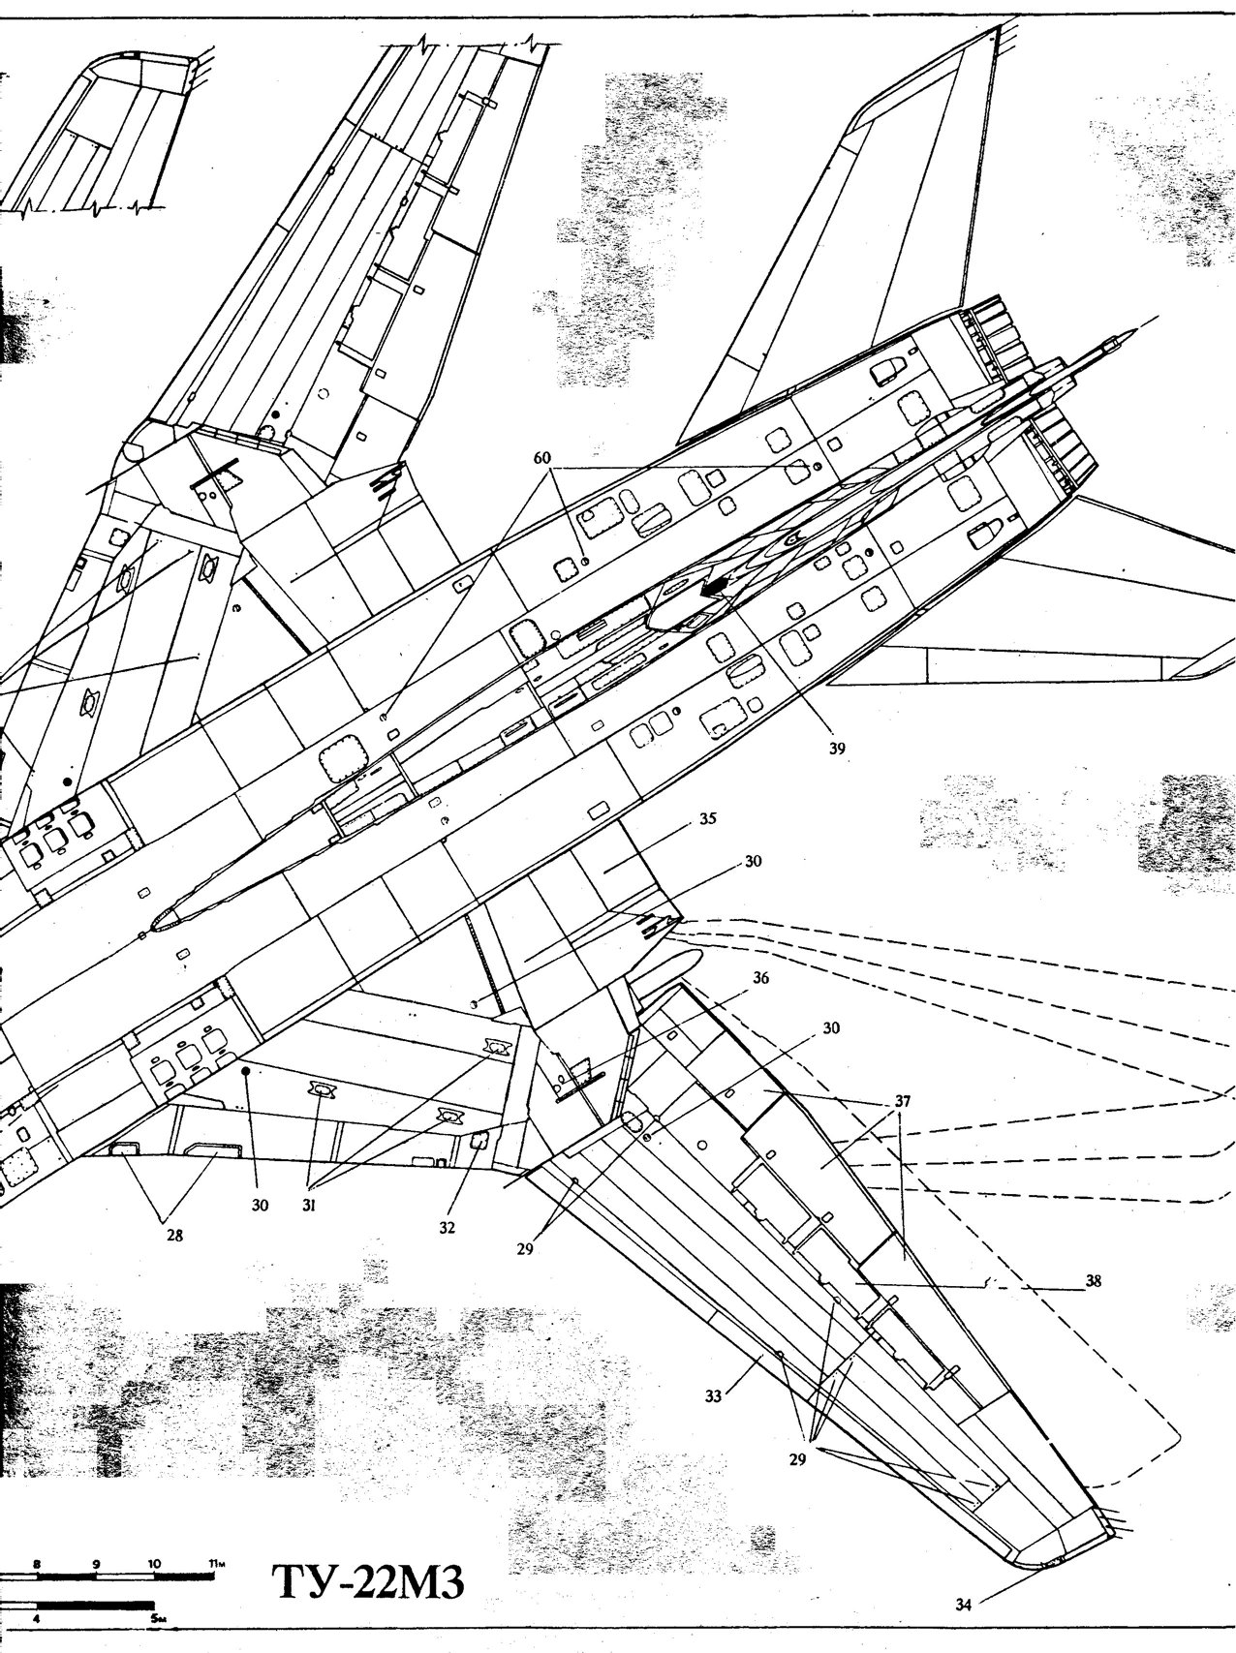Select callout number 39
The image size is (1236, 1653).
coord(837,748)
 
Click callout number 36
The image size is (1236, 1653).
coord(760,979)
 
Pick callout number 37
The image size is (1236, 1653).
coord(903,1102)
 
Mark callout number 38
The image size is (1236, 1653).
coord(1094,1279)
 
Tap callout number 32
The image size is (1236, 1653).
coord(448,1226)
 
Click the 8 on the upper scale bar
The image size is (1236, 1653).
coord(37,1537)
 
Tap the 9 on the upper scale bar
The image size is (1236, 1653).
coord(96,1537)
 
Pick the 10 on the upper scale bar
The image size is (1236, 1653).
coord(154,1537)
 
